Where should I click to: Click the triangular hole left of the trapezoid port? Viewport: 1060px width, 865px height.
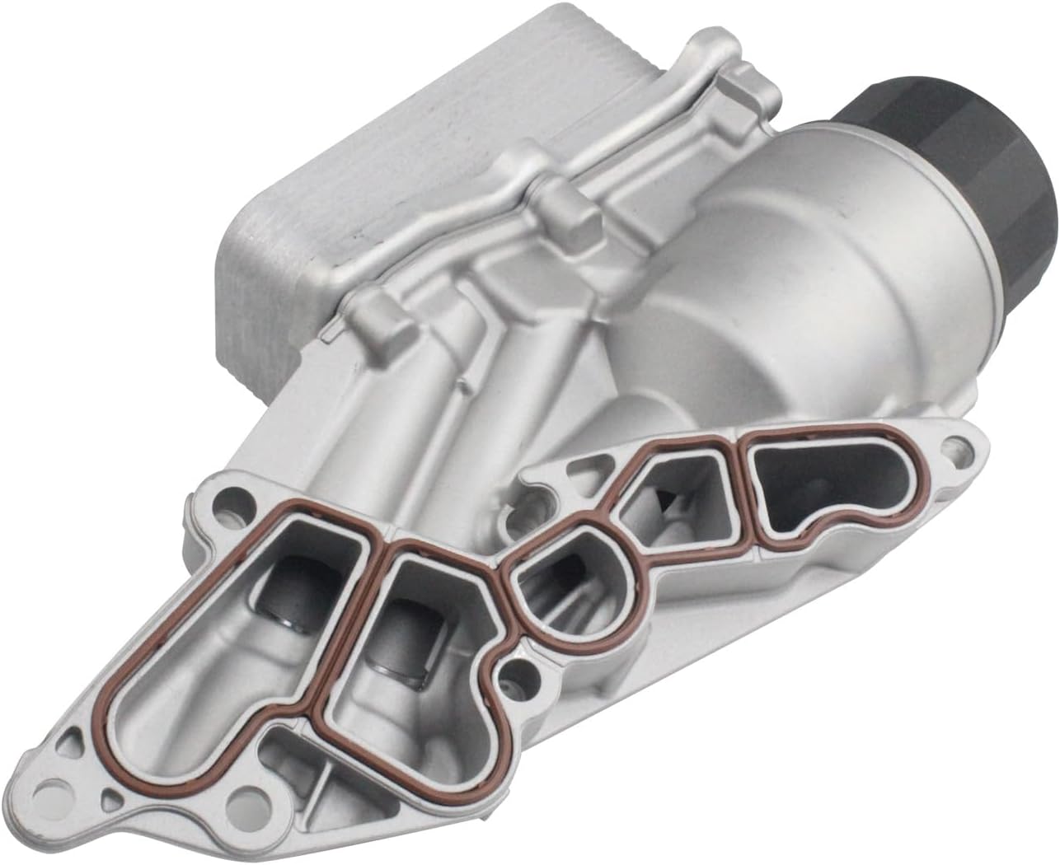pos(586,470)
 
